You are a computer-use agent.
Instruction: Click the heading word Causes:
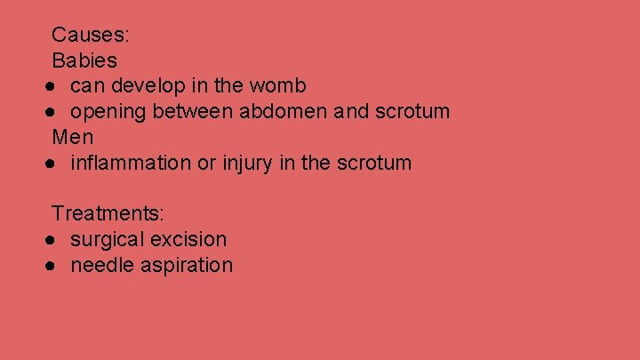(92, 36)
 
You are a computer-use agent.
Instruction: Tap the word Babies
(84, 60)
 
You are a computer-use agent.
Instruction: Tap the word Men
(73, 138)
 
